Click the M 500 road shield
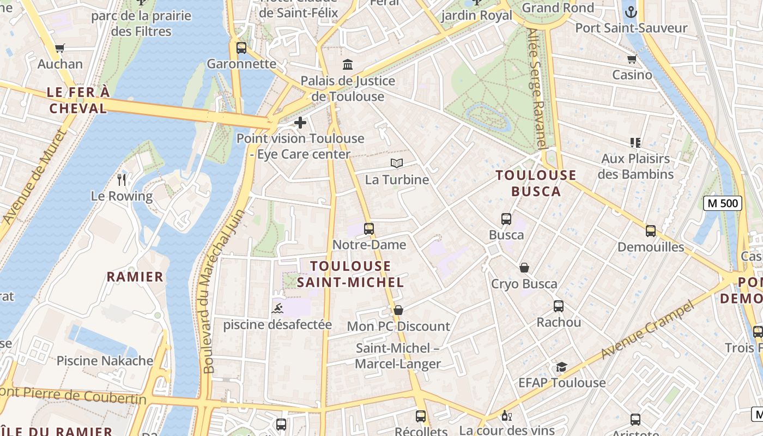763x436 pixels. point(723,204)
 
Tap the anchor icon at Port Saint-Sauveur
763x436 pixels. point(631,11)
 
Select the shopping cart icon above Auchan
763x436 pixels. point(60,48)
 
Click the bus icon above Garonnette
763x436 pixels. point(241,48)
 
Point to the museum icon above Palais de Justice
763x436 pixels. point(348,65)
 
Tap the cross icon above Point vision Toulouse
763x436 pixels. point(300,123)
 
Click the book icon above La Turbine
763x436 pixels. point(397,163)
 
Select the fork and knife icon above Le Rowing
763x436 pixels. point(122,180)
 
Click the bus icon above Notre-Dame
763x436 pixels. point(369,229)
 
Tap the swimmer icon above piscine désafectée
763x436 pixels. point(277,309)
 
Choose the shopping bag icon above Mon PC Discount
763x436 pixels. point(398,310)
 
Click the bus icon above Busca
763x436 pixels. point(506,219)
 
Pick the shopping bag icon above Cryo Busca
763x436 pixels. point(524,268)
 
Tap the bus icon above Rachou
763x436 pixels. point(559,306)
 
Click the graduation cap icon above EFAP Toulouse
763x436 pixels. point(562,367)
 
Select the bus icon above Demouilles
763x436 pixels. point(650,231)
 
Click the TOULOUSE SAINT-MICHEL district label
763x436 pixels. point(350,274)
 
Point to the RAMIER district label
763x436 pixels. point(135,277)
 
